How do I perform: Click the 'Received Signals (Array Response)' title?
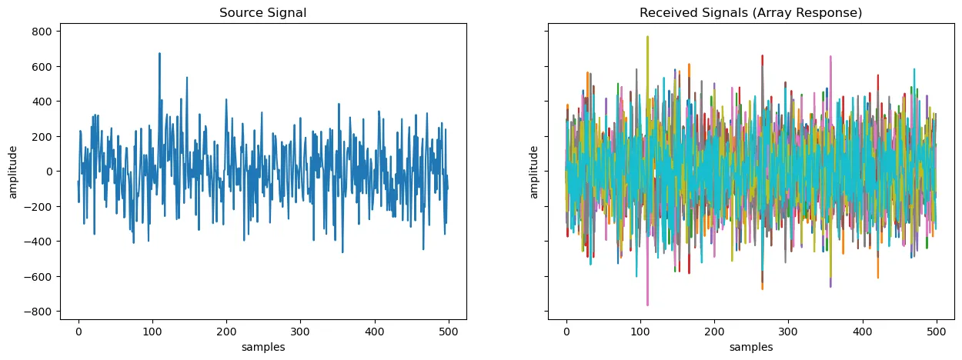click(x=750, y=13)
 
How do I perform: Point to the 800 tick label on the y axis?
click(x=42, y=32)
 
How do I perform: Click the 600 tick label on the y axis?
click(x=42, y=66)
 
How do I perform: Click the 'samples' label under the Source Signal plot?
click(x=263, y=347)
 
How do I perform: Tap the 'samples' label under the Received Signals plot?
click(x=751, y=347)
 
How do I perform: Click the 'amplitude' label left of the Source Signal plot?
click(x=13, y=172)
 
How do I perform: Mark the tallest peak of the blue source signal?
click(x=159, y=54)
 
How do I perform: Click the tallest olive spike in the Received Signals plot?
click(x=647, y=37)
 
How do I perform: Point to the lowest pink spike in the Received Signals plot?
click(x=647, y=305)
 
